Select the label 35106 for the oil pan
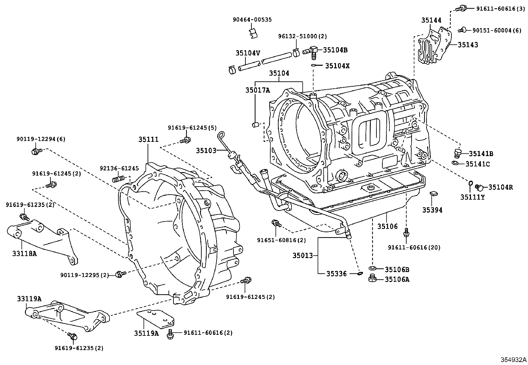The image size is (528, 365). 387,227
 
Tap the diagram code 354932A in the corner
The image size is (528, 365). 513,360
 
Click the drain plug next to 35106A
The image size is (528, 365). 372,278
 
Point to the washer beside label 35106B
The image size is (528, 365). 372,268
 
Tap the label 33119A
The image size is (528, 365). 29,299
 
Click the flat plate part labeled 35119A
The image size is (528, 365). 156,318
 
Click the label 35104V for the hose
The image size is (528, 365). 248,53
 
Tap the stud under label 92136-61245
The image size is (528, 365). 118,180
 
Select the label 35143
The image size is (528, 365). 468,45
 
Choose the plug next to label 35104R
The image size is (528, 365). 479,187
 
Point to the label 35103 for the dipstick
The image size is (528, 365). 206,150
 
